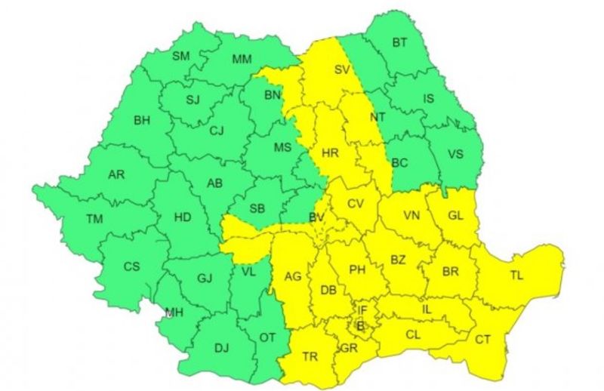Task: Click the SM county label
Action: [181, 56]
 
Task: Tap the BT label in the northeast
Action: [399, 43]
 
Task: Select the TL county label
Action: [516, 276]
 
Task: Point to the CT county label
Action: [482, 340]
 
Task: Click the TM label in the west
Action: [94, 219]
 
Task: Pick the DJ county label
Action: [221, 348]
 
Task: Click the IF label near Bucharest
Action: [362, 309]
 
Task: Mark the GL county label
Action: [455, 215]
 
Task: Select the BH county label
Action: [142, 120]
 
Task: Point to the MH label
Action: [174, 312]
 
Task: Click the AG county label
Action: [293, 277]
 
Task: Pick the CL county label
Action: [413, 334]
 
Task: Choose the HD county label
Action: [182, 217]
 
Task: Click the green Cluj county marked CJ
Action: [217, 131]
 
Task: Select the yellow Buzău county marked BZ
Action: [398, 260]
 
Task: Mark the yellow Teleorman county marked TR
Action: [310, 356]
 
